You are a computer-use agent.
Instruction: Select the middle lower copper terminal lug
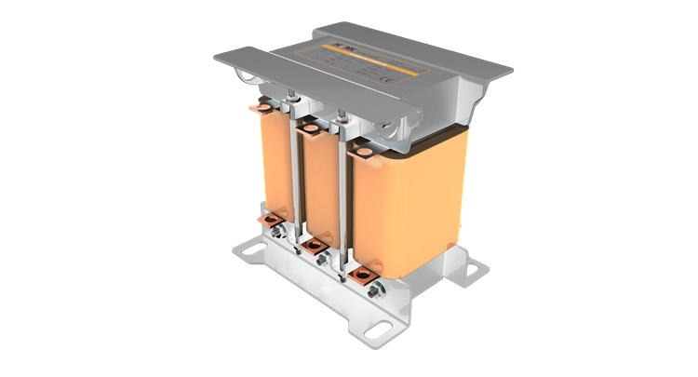pos(315,246)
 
